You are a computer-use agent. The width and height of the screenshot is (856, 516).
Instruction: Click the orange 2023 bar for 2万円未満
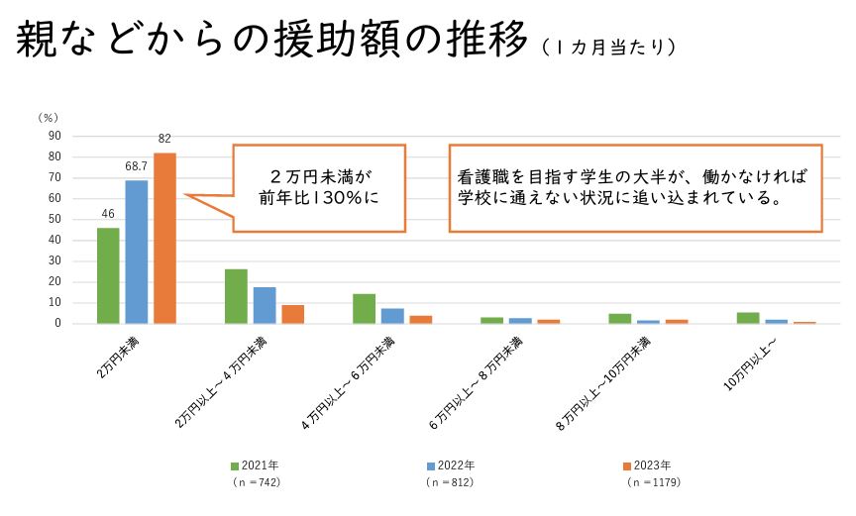pyautogui.click(x=164, y=238)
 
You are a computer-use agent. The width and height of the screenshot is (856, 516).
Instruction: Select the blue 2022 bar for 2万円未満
pyautogui.click(x=137, y=252)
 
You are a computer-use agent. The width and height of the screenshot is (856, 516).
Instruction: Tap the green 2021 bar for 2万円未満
pyautogui.click(x=108, y=275)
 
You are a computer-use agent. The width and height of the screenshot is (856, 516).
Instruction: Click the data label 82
pyautogui.click(x=164, y=140)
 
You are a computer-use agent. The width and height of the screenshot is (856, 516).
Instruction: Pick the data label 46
pyautogui.click(x=108, y=215)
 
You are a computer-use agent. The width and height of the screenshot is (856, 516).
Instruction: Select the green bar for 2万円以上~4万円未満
pyautogui.click(x=236, y=296)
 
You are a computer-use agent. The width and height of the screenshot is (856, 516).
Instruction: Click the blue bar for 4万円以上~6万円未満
pyautogui.click(x=392, y=316)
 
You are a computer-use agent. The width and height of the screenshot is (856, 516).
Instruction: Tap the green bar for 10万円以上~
pyautogui.click(x=748, y=318)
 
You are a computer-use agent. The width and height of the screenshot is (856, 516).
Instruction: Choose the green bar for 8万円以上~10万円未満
pyautogui.click(x=620, y=318)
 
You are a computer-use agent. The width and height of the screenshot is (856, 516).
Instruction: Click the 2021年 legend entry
pyautogui.click(x=254, y=465)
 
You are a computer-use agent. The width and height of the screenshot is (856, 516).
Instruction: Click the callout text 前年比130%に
pyautogui.click(x=319, y=196)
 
